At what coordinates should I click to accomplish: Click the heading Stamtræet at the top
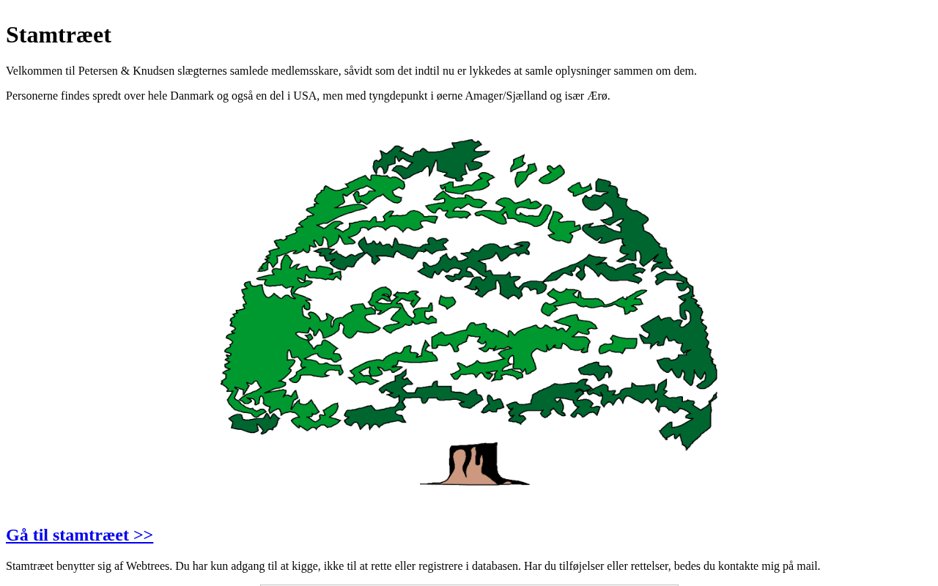tap(59, 35)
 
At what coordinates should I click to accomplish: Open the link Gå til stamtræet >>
tap(80, 535)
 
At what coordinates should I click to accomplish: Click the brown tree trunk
tap(474, 464)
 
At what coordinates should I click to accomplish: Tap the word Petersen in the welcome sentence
tap(98, 71)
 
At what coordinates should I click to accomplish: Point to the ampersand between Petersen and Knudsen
tap(125, 71)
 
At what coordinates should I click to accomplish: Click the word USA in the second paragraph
tap(305, 96)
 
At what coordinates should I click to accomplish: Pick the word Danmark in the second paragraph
tap(192, 96)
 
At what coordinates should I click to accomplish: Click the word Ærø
tap(599, 96)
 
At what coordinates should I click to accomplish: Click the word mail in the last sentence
tap(808, 566)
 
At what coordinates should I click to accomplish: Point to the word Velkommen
tap(34, 71)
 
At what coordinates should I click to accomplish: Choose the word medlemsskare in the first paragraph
tap(306, 71)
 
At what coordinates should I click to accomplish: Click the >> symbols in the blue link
tap(143, 535)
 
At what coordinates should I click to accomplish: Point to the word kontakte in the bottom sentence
tap(738, 566)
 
